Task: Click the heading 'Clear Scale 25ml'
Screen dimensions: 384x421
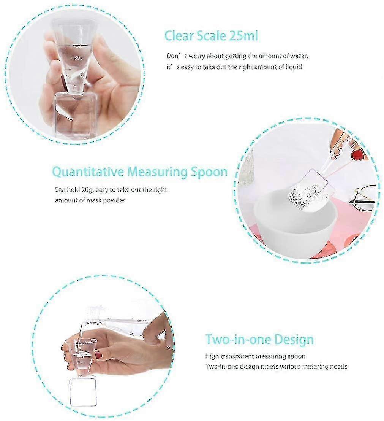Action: [x=211, y=36]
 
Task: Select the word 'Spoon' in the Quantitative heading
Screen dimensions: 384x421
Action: [x=209, y=172]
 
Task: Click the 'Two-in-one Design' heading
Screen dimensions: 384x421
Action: [x=259, y=339]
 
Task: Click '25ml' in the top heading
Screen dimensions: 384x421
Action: [x=243, y=36]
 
